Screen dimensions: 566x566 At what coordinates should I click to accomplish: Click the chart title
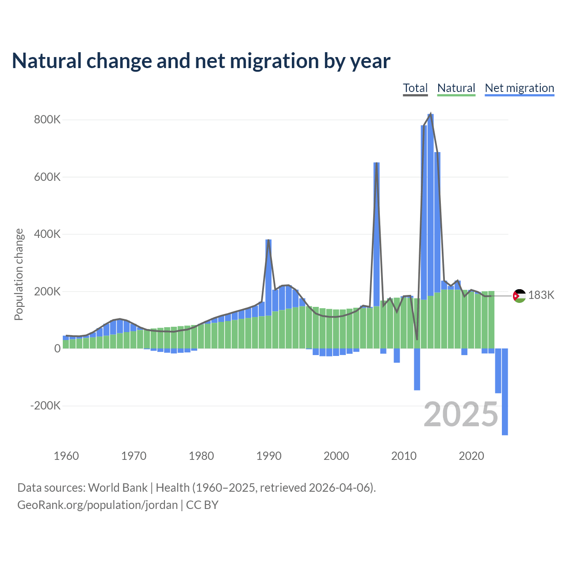(201, 61)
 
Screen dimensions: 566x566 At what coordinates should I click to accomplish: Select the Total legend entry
(415, 88)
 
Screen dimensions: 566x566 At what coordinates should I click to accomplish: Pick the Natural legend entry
(456, 88)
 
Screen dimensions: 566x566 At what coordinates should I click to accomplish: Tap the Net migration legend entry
(519, 88)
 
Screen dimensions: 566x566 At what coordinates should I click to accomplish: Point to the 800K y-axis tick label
(47, 120)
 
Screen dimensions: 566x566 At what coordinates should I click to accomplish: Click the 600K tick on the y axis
(47, 177)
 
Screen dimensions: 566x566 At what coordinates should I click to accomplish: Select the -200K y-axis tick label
(46, 406)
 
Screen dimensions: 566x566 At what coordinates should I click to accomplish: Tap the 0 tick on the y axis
(57, 348)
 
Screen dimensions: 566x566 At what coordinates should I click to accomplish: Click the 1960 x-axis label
(66, 456)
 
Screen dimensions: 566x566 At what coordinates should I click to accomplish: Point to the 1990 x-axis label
(269, 456)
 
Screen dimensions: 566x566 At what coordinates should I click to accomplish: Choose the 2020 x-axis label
(471, 456)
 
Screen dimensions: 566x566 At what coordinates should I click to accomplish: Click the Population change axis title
(19, 274)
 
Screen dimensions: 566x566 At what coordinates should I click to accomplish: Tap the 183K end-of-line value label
(541, 295)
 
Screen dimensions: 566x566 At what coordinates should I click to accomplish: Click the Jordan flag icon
(519, 296)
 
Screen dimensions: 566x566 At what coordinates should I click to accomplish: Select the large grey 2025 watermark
(461, 414)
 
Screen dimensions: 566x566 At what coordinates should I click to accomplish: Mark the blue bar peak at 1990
(268, 241)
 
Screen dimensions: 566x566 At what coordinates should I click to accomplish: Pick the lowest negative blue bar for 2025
(505, 433)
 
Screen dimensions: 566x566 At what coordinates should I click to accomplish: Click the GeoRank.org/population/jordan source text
(97, 505)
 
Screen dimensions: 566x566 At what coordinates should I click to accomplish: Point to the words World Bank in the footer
(118, 487)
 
